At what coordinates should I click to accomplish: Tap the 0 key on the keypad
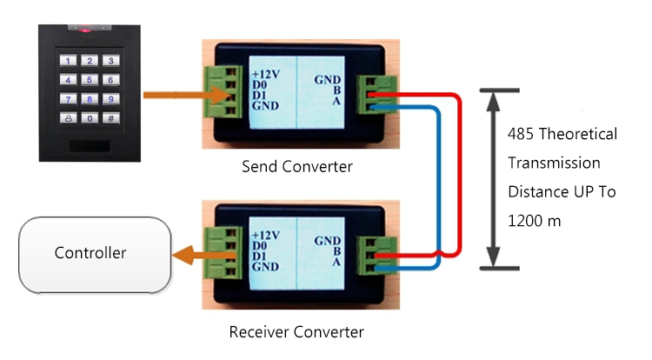pos(88,117)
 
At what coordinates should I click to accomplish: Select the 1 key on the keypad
pos(67,61)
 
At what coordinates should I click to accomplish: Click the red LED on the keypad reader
pos(86,30)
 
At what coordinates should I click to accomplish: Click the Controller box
pos(90,254)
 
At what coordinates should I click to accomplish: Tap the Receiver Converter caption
pos(296,331)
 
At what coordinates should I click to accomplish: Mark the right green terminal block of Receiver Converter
pos(380,255)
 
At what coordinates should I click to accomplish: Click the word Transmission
pos(554,163)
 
